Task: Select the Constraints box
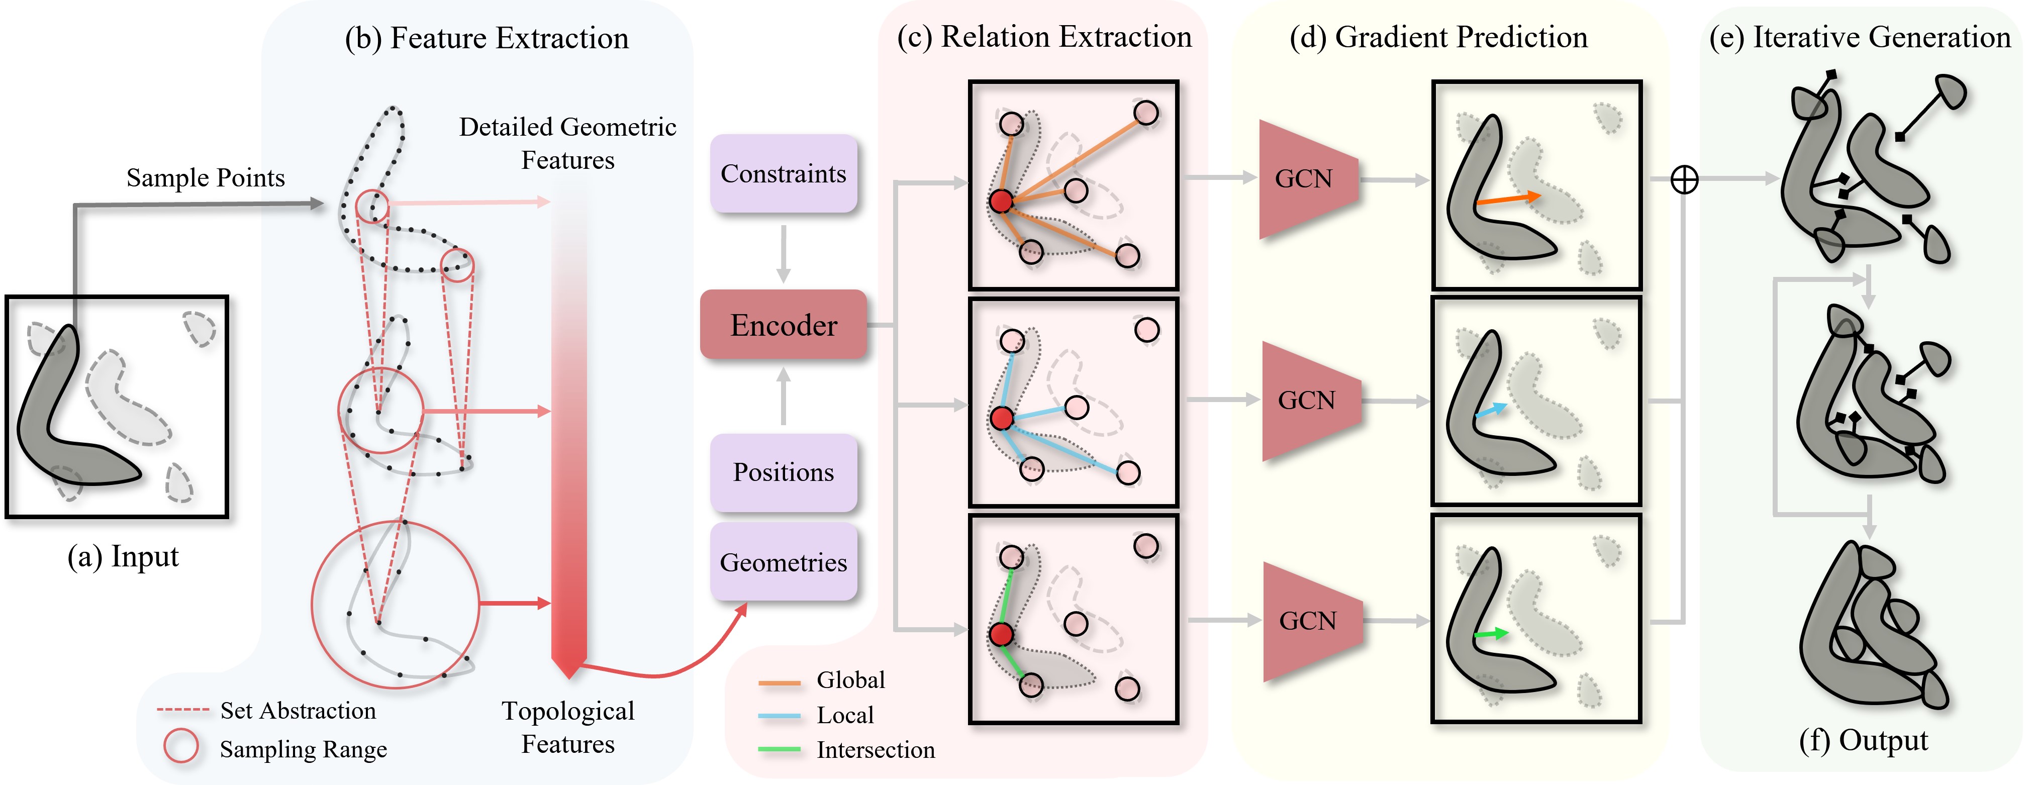(784, 173)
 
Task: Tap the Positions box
(784, 472)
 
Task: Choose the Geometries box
(784, 562)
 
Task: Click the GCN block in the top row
(1308, 179)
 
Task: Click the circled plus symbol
(1684, 180)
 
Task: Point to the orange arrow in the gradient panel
(1507, 199)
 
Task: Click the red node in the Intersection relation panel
(1001, 634)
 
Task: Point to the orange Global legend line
(780, 682)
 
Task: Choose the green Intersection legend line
(780, 749)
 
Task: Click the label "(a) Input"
(123, 557)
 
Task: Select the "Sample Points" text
(206, 177)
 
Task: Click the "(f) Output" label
(1863, 741)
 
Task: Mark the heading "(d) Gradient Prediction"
(1438, 37)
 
